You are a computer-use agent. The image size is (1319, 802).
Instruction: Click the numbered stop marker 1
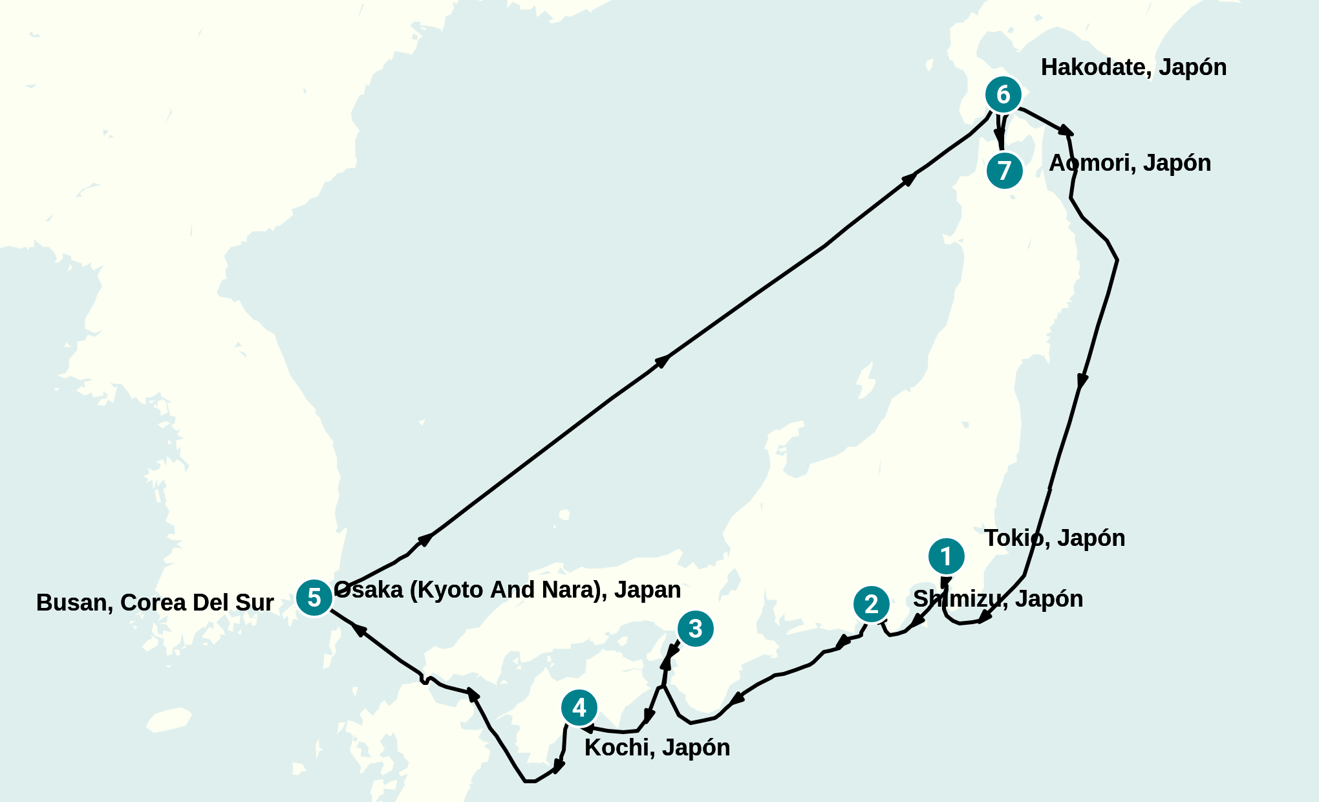pos(946,556)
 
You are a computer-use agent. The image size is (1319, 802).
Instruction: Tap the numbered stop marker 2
pos(871,604)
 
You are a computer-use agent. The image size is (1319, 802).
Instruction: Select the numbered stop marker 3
pos(695,628)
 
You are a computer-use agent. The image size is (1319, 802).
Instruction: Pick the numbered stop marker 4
pos(579,708)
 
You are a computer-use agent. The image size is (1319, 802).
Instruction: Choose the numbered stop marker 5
pos(314,598)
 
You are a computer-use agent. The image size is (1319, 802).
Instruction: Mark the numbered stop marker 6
pos(1003,94)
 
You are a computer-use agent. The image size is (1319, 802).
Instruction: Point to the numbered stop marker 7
pos(1004,171)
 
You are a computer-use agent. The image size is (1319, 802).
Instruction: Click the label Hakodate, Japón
pos(1133,67)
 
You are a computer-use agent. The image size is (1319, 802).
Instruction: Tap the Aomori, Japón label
pos(1130,163)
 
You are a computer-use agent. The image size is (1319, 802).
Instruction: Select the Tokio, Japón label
pos(1055,538)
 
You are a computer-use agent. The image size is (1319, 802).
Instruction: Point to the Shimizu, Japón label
pos(998,599)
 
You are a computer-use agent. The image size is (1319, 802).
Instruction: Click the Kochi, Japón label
pos(657,748)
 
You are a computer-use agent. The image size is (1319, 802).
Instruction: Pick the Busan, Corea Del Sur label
pos(155,602)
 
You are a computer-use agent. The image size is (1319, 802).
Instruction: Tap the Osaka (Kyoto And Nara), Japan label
pos(508,590)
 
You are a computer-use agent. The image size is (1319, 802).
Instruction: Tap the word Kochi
pos(617,748)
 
